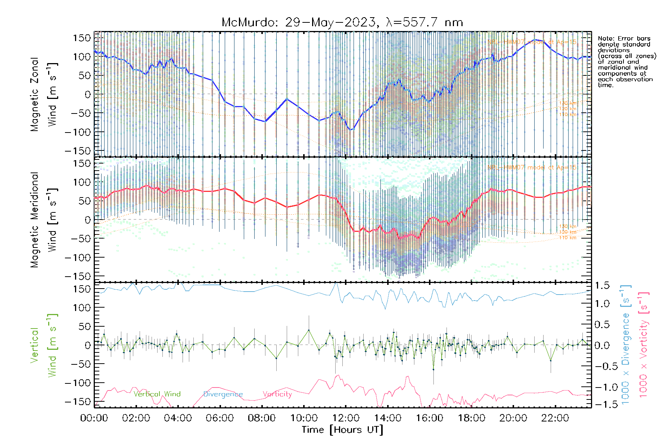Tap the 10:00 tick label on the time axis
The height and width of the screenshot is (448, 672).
[x=304, y=418]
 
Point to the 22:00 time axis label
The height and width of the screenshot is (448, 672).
[x=555, y=418]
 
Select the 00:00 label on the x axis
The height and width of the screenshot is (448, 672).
[x=94, y=418]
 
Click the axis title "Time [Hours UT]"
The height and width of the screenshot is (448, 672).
[x=342, y=430]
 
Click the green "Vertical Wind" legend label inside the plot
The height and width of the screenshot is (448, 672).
[x=157, y=394]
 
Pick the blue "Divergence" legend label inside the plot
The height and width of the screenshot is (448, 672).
[x=223, y=394]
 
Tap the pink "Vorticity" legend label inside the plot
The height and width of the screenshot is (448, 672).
[x=277, y=394]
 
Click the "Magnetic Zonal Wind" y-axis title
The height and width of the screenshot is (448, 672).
[x=44, y=94]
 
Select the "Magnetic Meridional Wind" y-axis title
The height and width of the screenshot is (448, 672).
[x=44, y=220]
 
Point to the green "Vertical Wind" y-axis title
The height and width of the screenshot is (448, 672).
[x=44, y=345]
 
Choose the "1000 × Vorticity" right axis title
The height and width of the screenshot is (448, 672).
[x=644, y=345]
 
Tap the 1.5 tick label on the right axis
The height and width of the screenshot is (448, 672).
[x=602, y=286]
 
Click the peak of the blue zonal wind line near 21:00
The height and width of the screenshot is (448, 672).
[x=536, y=40]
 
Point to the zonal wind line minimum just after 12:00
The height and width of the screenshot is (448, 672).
[x=351, y=130]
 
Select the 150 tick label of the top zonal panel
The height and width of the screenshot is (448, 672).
[x=82, y=38]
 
